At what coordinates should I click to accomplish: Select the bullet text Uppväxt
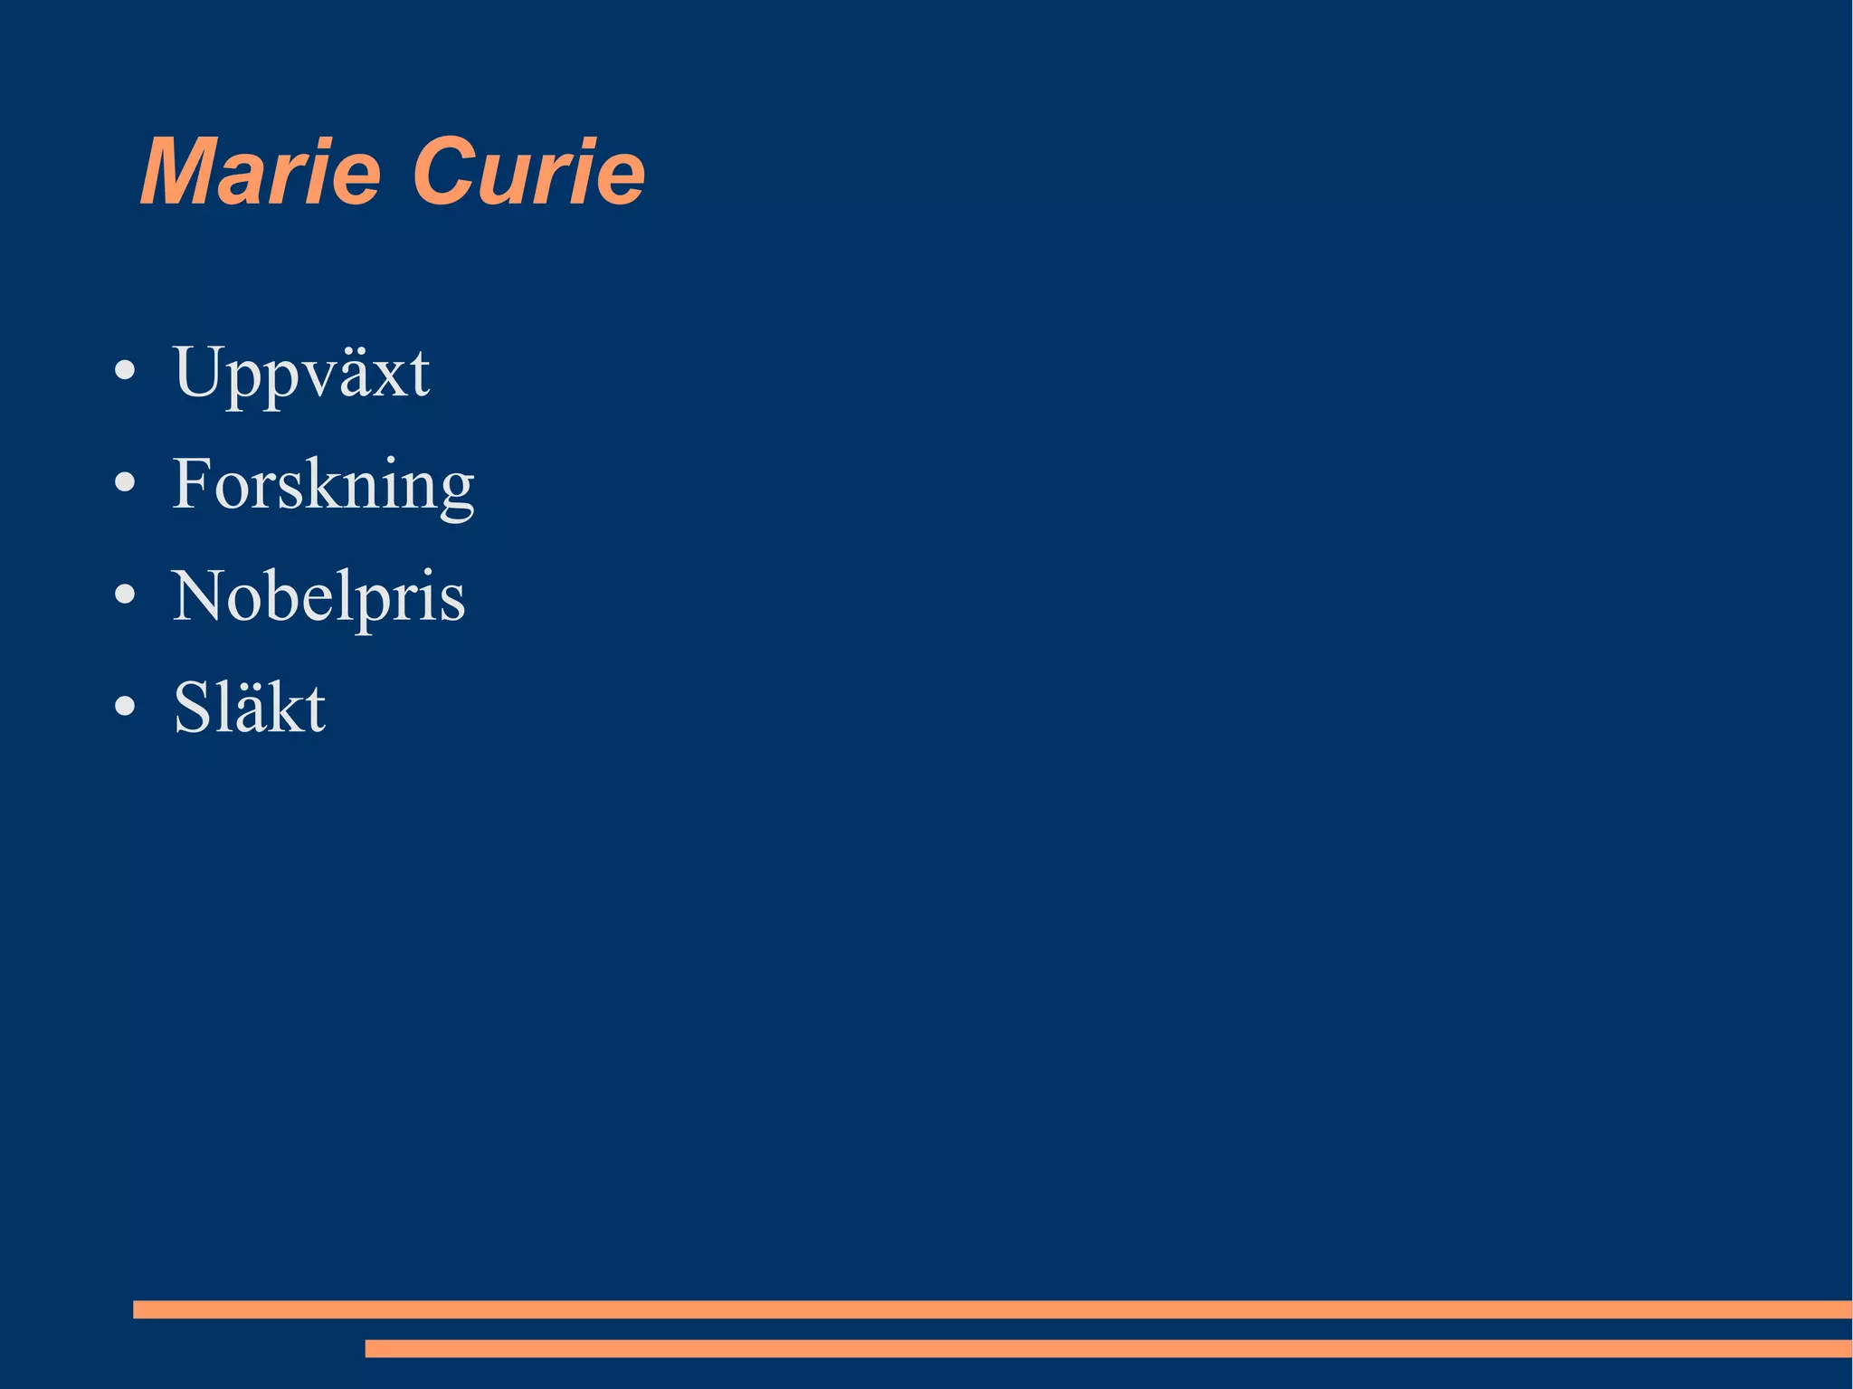300,373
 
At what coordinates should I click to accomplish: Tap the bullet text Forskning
323,485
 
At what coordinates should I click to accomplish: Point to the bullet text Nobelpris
318,597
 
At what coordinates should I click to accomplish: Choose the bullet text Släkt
249,708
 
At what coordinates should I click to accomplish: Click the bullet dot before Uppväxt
125,371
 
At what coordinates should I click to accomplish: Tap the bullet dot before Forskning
125,483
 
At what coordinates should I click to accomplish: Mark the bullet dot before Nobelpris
125,595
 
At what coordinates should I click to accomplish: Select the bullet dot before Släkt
125,707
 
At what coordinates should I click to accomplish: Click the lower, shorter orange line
1108,1348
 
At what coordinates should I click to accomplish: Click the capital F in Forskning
193,483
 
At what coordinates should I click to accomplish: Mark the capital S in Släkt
193,708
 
